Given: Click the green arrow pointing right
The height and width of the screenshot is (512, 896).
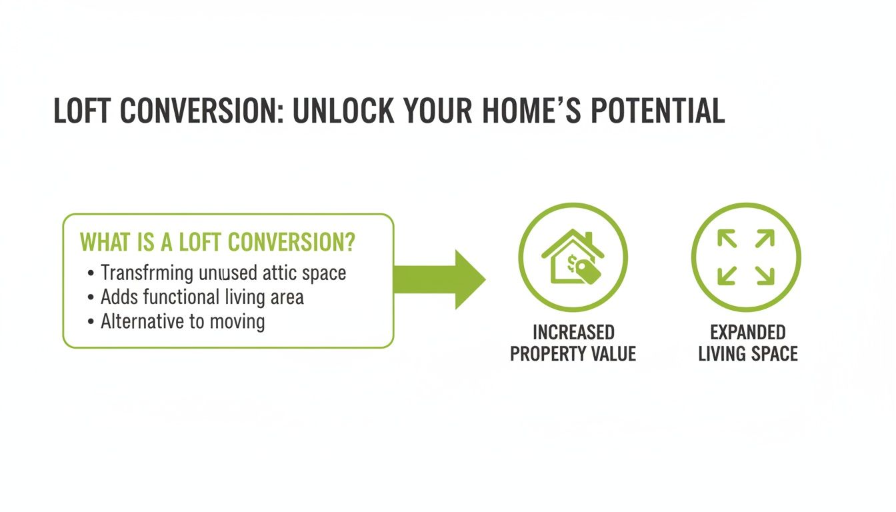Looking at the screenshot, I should point(440,279).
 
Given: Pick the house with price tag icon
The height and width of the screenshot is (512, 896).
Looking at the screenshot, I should point(573,257).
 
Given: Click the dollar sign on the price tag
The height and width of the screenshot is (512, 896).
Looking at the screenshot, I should point(572,264).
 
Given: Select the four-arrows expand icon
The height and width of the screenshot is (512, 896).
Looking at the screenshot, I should point(745,257).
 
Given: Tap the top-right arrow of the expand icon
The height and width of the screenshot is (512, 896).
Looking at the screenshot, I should point(765,239).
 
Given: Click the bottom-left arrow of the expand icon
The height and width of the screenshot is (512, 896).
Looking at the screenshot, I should point(727,275).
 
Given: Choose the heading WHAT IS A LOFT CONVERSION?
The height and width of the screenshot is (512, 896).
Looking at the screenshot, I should point(217,243).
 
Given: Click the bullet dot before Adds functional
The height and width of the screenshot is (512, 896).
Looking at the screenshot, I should point(90,298).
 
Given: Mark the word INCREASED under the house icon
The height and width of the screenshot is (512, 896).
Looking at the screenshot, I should point(573,332).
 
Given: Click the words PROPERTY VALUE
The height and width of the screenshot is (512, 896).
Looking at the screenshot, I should point(573,354).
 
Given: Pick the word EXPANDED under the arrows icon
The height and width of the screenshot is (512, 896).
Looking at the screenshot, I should point(747,332).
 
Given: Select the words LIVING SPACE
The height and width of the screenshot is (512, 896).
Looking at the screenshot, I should point(747,354).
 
